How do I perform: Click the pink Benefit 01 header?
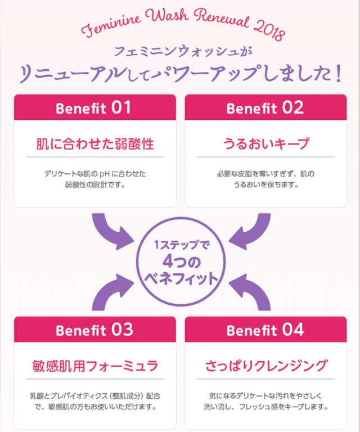[94, 108]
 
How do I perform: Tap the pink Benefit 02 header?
[265, 108]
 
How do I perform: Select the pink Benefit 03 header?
[94, 330]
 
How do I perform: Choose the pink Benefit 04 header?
[265, 330]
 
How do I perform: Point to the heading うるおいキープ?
[265, 144]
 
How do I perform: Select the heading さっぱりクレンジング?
[265, 366]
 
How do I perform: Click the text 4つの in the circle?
[180, 261]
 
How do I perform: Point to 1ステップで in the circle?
[180, 245]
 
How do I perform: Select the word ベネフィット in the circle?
[180, 278]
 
